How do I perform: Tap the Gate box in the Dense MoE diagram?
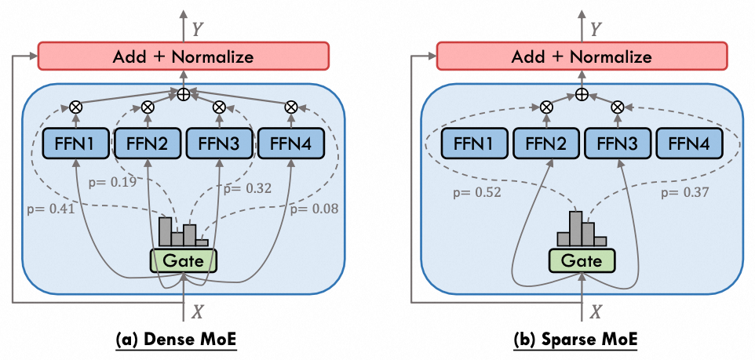tap(184, 260)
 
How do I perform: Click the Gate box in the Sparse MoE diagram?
tap(581, 260)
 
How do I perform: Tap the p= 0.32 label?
tap(247, 188)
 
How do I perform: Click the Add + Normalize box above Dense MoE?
tap(184, 56)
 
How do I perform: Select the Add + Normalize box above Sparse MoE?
tap(582, 56)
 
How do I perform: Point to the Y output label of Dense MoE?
tap(198, 29)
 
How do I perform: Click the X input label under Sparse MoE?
tap(596, 311)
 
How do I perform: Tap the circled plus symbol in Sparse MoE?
tap(581, 94)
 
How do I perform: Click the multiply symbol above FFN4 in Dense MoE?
tap(291, 107)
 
